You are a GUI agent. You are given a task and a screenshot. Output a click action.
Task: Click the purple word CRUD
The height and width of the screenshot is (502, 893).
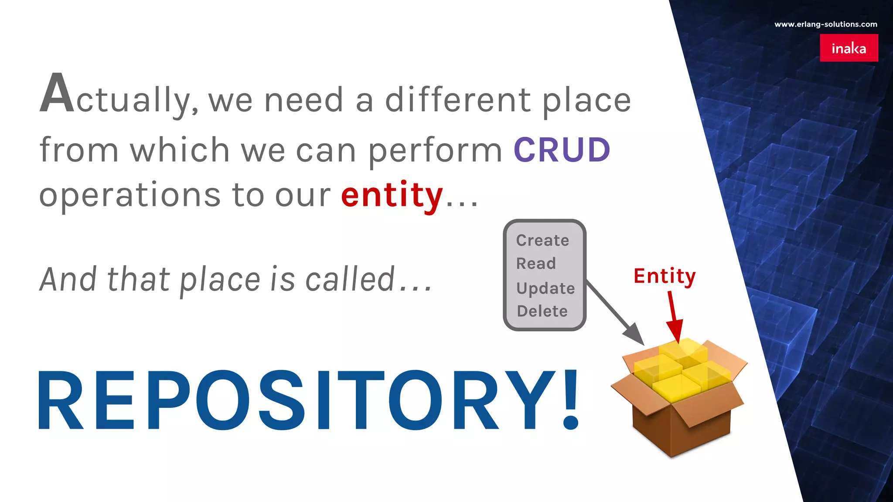click(x=562, y=150)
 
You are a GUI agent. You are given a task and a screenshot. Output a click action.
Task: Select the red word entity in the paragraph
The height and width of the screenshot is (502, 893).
click(x=392, y=195)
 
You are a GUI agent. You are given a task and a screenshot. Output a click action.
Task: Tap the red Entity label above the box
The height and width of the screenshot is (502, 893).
click(x=665, y=276)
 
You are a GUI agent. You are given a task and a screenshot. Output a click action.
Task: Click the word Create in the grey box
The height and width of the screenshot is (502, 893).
click(x=542, y=241)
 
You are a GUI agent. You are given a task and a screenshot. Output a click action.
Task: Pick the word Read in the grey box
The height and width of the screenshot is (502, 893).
click(x=536, y=264)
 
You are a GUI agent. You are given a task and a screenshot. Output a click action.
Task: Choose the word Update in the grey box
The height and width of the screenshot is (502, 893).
click(x=545, y=288)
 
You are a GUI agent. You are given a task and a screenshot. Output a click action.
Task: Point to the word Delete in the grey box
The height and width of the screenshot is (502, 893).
click(x=542, y=311)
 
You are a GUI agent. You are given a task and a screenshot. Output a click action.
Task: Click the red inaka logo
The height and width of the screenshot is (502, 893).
click(x=849, y=48)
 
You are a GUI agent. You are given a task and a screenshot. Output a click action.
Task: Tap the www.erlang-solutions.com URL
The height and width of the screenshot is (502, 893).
click(x=825, y=24)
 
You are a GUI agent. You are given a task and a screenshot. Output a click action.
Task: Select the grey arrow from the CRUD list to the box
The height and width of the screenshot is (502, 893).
click(x=615, y=312)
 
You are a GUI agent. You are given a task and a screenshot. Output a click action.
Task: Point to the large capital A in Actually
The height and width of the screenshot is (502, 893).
click(x=57, y=93)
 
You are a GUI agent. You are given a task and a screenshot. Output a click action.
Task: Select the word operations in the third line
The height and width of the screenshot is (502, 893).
click(x=130, y=195)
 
